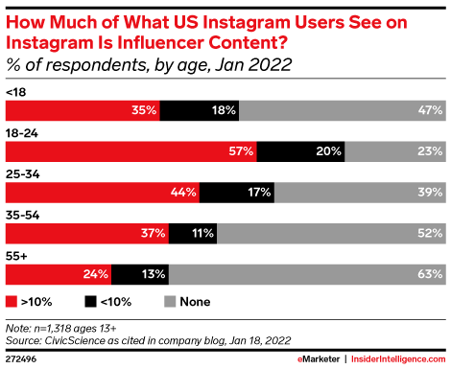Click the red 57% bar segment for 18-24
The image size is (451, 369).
pyautogui.click(x=131, y=151)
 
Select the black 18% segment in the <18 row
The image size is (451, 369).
pyautogui.click(x=200, y=110)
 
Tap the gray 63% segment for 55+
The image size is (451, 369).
pyautogui.click(x=307, y=274)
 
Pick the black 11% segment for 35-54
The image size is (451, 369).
pyautogui.click(x=193, y=234)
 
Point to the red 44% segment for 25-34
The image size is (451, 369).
pyautogui.click(x=103, y=193)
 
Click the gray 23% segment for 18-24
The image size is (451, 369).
pyautogui.click(x=395, y=151)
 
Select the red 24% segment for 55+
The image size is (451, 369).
pyautogui.click(x=59, y=274)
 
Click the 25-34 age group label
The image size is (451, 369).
pyautogui.click(x=23, y=174)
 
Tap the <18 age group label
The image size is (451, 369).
pyautogui.click(x=16, y=92)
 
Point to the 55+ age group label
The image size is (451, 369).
pyautogui.click(x=16, y=256)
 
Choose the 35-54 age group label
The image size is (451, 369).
pyautogui.click(x=23, y=216)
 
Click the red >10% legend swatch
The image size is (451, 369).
pyautogui.click(x=12, y=302)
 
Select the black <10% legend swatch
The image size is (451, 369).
pyautogui.click(x=90, y=302)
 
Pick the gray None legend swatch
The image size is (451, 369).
pyautogui.click(x=170, y=302)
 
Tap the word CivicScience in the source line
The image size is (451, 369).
pyautogui.click(x=75, y=340)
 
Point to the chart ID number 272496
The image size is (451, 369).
pyautogui.click(x=21, y=359)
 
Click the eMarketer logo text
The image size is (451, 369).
pyautogui.click(x=319, y=359)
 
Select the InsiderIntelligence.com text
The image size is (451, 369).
pyautogui.click(x=398, y=359)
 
